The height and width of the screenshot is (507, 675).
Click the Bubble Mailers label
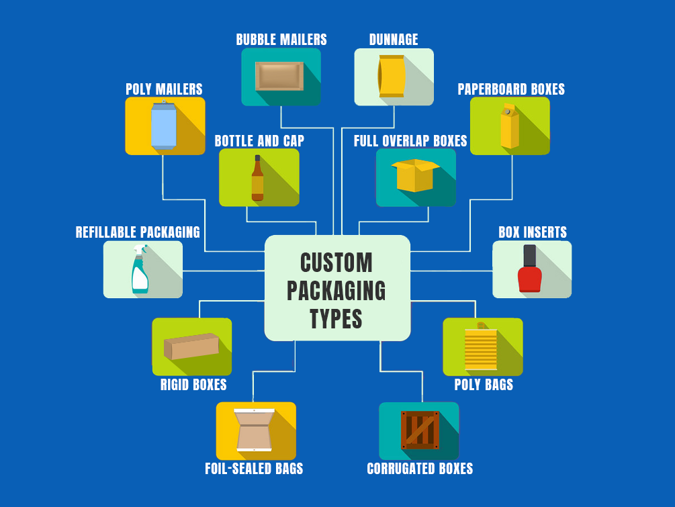pos(281,40)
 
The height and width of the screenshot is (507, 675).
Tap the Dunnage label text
pos(394,40)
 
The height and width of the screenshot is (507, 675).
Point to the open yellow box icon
pos(415,175)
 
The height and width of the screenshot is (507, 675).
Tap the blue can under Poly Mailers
pos(163,126)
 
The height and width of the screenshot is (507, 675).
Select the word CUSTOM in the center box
pos(336,263)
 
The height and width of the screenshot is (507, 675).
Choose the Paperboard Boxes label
pos(511,89)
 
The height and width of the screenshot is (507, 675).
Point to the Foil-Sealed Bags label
pos(254,468)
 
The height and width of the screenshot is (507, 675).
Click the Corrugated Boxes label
pos(420,468)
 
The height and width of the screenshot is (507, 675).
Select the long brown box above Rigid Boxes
pos(191,347)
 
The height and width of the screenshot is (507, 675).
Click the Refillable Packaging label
pos(138,232)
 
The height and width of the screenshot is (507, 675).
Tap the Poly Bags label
pos(484,385)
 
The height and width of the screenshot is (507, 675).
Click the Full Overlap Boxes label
pos(410,141)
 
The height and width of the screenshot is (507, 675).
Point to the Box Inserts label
pos(532,232)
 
